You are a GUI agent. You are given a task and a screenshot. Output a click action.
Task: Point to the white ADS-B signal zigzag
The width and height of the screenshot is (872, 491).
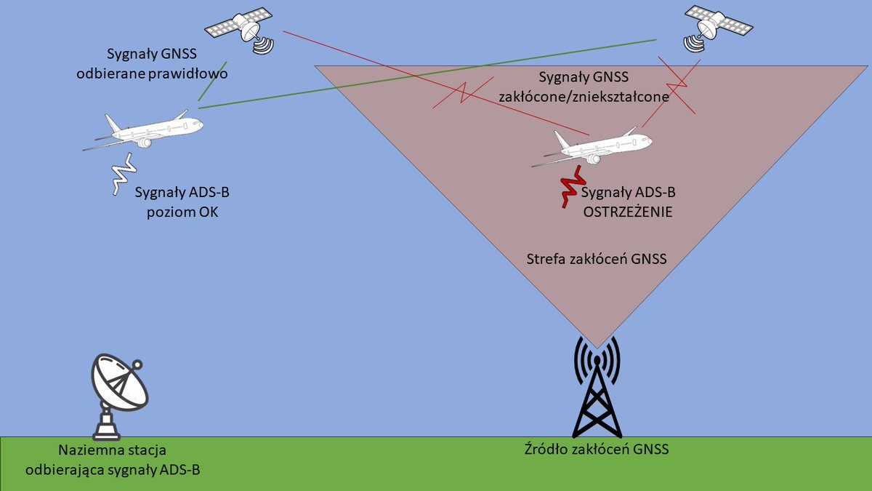pos(123,174)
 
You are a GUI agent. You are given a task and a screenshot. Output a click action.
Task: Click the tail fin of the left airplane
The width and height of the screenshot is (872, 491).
pos(113,124)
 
